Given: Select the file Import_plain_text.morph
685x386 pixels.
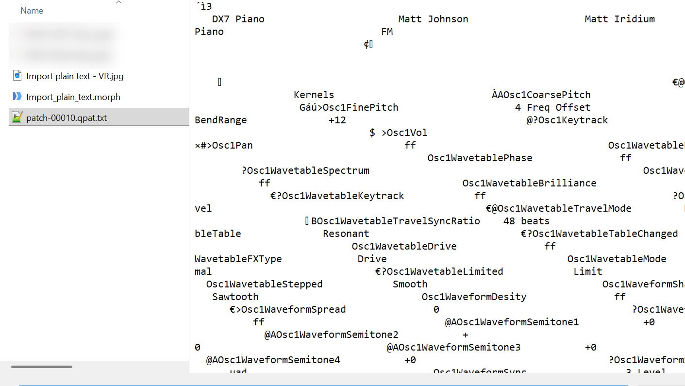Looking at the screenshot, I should (x=73, y=97).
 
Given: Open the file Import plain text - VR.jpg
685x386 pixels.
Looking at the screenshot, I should (x=75, y=76).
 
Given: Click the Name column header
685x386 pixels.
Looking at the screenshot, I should (x=32, y=11).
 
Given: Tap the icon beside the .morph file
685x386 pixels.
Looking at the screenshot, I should (x=17, y=96).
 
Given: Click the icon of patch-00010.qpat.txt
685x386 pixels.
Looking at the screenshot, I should (x=17, y=117).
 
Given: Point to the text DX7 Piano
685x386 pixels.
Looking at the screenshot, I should (x=238, y=19).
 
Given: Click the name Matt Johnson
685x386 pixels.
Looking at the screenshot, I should (x=433, y=19).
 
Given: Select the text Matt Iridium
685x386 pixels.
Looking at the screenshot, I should (x=619, y=19).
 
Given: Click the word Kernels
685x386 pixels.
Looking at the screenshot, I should (x=314, y=95).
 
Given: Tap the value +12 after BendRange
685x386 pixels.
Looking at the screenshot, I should (x=337, y=120).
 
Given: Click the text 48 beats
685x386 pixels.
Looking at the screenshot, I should (x=526, y=221).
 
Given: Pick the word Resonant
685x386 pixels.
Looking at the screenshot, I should (x=346, y=234).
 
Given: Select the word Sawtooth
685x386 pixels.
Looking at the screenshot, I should (x=235, y=297).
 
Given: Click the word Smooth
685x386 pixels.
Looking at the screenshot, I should (x=410, y=284).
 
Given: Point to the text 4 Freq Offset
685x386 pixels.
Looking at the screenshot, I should (x=552, y=107).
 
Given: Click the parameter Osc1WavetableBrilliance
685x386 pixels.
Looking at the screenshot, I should (x=529, y=183).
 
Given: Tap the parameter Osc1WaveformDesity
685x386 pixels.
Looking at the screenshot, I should (x=474, y=297).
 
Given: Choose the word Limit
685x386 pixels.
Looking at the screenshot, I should (x=587, y=271).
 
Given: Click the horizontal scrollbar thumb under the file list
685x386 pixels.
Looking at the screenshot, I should (x=42, y=367).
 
